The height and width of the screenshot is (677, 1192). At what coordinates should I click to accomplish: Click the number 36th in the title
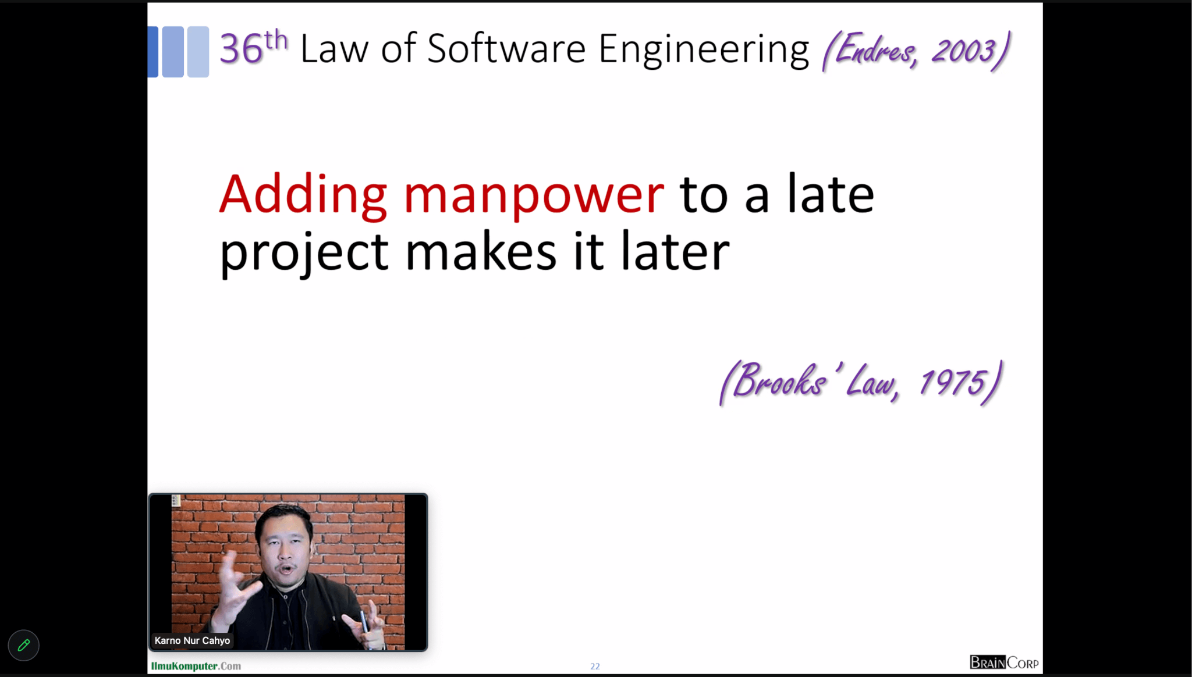pos(254,47)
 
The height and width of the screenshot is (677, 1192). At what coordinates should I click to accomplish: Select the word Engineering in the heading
pos(704,51)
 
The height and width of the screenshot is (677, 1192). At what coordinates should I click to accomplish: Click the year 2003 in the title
pos(964,51)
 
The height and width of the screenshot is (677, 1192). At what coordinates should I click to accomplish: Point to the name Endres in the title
pos(876,50)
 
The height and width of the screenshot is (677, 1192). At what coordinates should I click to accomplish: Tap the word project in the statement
pos(304,254)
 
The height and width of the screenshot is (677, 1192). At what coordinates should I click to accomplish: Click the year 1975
pos(953,383)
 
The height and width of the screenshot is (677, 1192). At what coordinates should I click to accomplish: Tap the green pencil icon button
pos(24,645)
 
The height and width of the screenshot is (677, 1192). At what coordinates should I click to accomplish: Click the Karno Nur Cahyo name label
pos(192,640)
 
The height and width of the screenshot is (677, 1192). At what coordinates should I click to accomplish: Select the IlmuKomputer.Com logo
pos(196,666)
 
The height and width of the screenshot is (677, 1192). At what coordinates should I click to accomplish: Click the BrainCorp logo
pos(1004,662)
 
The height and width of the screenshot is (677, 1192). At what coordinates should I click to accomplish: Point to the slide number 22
pos(595,667)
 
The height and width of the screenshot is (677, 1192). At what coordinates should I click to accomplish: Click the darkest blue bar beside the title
pos(153,52)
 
